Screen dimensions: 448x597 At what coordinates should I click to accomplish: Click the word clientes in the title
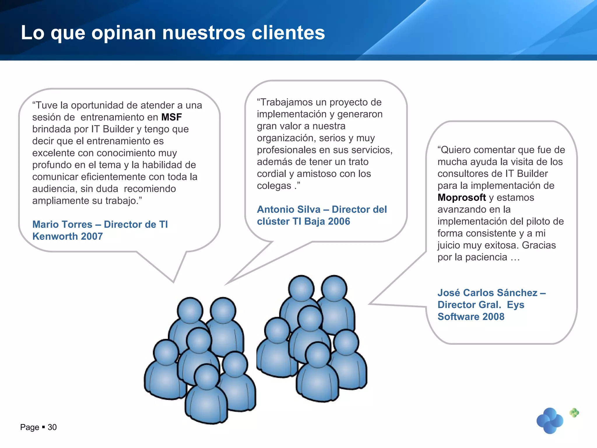click(288, 32)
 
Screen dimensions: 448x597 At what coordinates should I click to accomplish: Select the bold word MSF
click(171, 117)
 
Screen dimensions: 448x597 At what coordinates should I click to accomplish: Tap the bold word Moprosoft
click(461, 197)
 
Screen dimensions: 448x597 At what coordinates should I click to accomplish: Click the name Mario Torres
click(62, 224)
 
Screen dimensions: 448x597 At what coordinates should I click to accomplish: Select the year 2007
click(92, 236)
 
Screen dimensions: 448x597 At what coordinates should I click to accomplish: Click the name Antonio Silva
click(289, 209)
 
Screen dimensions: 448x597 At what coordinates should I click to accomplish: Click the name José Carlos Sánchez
click(487, 293)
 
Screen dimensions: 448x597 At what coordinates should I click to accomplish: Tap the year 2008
click(493, 316)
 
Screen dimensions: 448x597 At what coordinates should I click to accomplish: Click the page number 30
click(52, 427)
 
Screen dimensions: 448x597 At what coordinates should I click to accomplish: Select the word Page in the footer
click(29, 427)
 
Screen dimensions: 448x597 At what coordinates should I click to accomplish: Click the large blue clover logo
click(550, 421)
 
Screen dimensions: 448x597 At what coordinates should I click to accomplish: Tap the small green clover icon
click(574, 412)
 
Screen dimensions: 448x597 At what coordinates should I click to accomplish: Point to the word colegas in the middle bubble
click(274, 186)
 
